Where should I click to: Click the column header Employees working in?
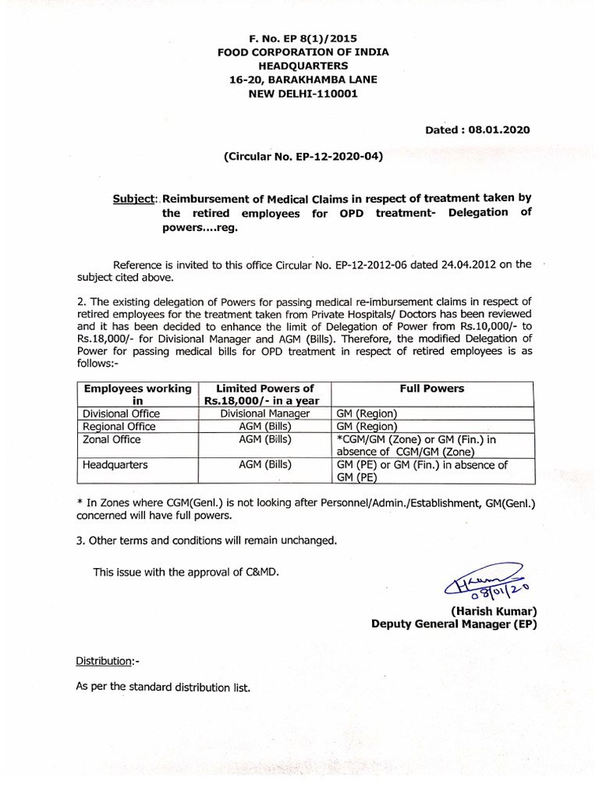(137, 394)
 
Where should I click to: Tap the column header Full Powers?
(431, 389)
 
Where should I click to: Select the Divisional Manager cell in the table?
(265, 414)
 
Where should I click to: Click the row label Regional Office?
(119, 427)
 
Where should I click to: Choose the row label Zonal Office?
(112, 439)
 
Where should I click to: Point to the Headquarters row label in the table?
(115, 464)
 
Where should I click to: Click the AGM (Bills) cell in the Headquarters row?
(265, 464)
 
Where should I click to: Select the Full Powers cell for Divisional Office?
(366, 414)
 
